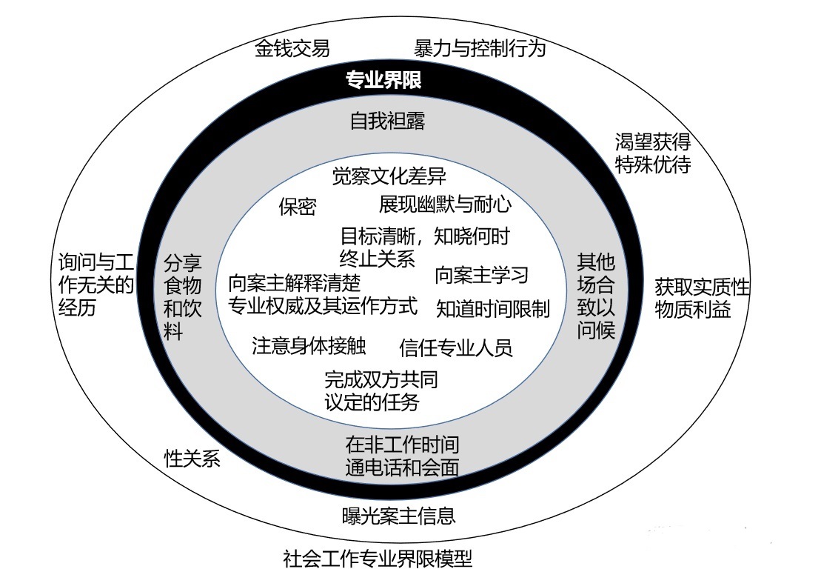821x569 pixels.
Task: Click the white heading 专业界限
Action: point(383,80)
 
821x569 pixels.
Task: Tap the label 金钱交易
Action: point(292,49)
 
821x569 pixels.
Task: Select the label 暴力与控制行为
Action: point(480,49)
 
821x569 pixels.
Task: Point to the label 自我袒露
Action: point(388,121)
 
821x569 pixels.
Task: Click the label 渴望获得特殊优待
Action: point(652,153)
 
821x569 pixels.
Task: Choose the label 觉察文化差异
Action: point(389,176)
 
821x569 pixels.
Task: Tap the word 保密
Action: point(297,207)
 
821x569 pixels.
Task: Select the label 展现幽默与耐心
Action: point(445,204)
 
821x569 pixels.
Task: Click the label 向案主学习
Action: point(481,275)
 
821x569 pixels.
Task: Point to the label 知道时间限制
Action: point(492,308)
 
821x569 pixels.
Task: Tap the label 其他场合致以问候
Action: point(596,296)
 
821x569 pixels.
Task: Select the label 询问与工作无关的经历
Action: point(96,284)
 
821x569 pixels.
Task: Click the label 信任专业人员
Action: point(455,347)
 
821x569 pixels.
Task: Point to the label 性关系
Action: point(192,459)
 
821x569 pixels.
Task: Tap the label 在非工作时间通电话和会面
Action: point(402,456)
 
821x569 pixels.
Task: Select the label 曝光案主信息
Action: point(398,515)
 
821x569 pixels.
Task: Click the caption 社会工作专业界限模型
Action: point(378,557)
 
